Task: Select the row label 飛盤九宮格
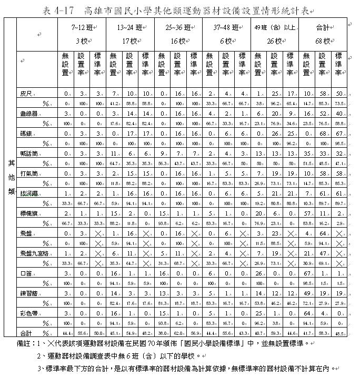33,253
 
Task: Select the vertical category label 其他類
11,178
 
